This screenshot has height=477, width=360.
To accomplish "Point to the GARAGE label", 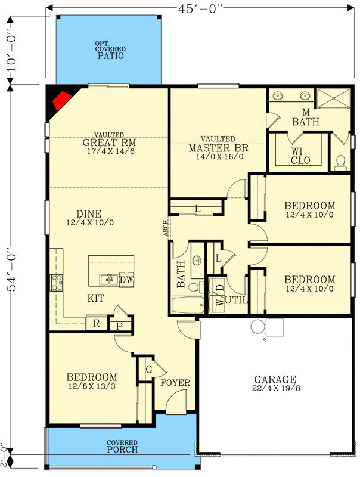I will [275, 379].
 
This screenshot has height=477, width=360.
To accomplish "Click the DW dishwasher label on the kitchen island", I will [126, 279].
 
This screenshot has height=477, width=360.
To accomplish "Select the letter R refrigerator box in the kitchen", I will [95, 324].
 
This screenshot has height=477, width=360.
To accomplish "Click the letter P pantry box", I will [119, 326].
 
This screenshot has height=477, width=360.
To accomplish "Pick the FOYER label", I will [175, 383].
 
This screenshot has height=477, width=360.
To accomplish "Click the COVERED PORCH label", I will [122, 447].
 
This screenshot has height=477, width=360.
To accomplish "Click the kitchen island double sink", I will [108, 279].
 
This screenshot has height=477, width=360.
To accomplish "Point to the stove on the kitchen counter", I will [57, 281].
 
